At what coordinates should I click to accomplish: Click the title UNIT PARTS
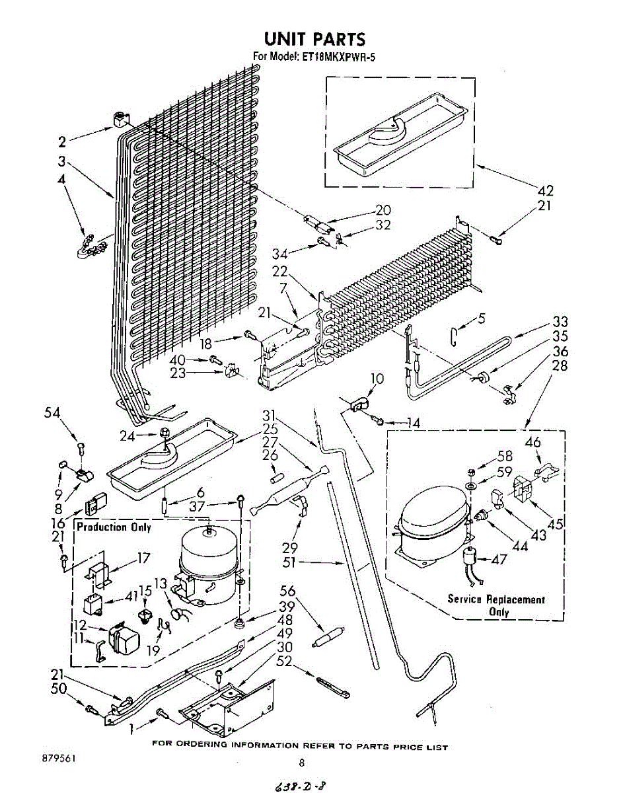click(x=314, y=39)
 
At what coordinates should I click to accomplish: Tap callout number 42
click(x=545, y=191)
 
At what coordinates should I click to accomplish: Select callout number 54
click(x=52, y=413)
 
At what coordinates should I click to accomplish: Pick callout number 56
click(x=287, y=592)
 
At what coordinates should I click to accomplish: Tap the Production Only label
click(x=114, y=527)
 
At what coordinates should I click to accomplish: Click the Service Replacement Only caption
click(x=496, y=605)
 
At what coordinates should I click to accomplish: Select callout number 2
click(x=62, y=141)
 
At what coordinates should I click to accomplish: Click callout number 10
click(x=377, y=379)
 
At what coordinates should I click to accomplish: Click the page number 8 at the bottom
click(x=302, y=763)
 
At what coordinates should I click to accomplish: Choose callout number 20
click(x=383, y=210)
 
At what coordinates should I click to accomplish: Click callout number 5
click(x=482, y=319)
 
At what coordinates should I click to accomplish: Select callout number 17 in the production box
click(x=143, y=558)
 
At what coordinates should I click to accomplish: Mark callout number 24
click(x=127, y=435)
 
